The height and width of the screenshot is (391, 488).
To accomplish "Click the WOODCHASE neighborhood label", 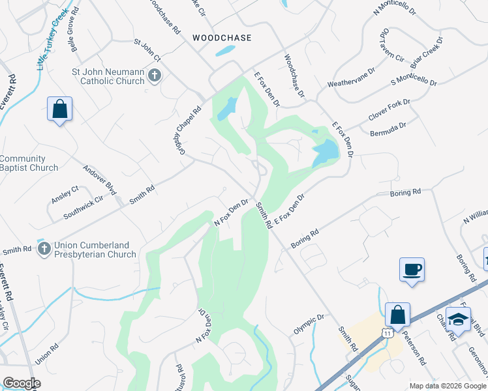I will (222, 38).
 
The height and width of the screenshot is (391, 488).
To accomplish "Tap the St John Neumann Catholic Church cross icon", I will (155, 76).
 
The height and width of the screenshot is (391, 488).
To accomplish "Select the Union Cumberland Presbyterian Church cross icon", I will (44, 249).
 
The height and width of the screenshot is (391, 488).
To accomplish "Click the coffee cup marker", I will (412, 269).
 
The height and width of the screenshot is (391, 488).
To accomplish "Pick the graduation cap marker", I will (459, 319).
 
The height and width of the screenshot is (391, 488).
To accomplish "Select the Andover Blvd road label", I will (99, 179).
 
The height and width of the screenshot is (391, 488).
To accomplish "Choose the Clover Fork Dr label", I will (389, 107).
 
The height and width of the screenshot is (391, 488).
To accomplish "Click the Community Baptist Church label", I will (29, 163).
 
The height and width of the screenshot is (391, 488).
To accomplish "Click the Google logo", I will (22, 383).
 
